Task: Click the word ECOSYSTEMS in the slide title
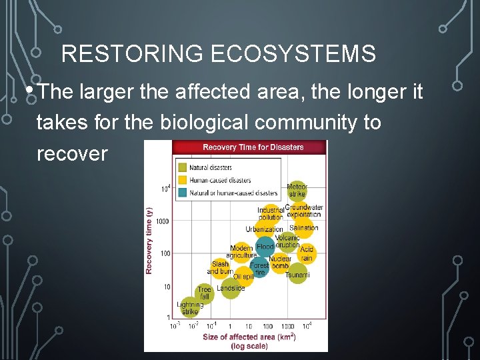pos(293,54)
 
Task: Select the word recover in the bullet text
pos(72,154)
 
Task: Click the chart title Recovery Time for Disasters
pos(253,147)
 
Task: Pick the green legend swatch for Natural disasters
pos(182,168)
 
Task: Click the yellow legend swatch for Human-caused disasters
pos(182,180)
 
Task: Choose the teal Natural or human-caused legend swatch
pos(182,193)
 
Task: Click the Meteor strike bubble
pos(297,191)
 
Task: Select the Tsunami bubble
pos(297,274)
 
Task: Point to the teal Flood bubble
pos(265,247)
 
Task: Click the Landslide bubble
pos(231,289)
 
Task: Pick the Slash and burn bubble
pos(220,267)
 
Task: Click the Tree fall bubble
pos(204,293)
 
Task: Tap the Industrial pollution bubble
pos(271,213)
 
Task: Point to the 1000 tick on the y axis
pos(163,221)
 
